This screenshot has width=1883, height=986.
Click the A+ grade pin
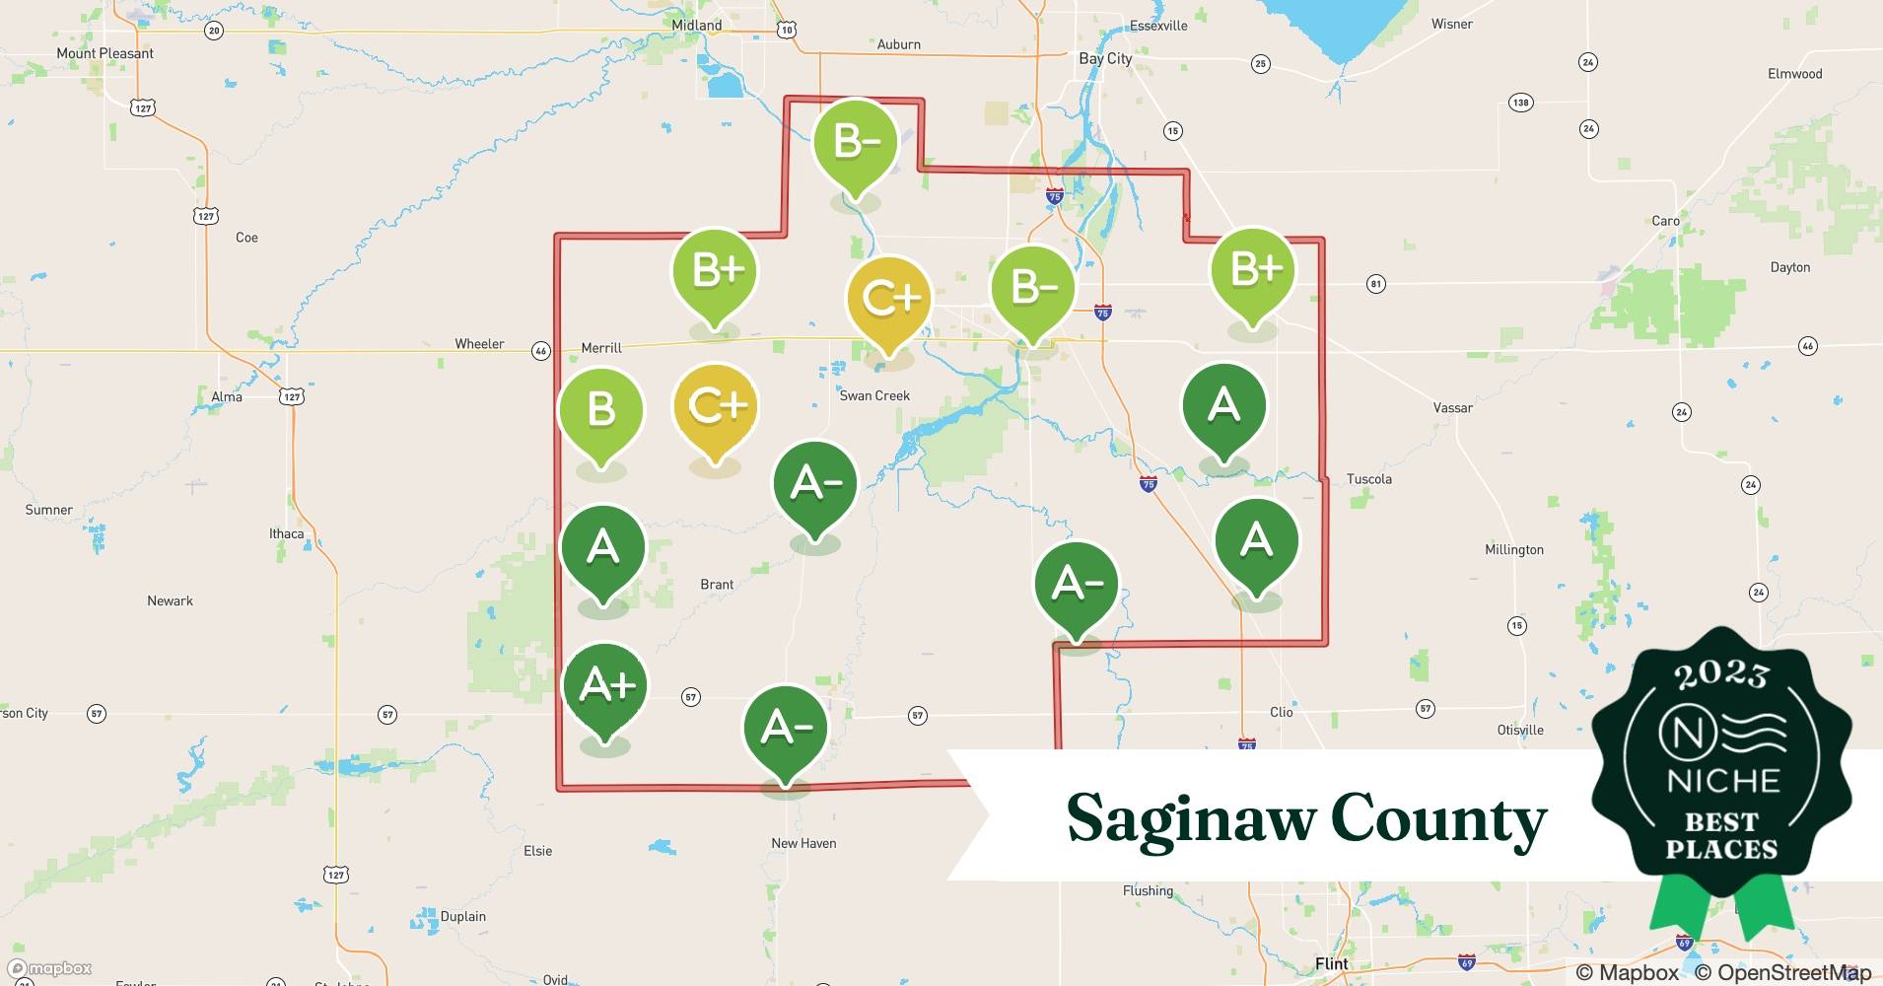(x=604, y=684)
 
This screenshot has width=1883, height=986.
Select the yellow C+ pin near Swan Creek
(x=888, y=298)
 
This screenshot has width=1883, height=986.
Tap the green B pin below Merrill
(x=600, y=409)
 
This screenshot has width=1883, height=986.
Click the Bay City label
(x=1105, y=58)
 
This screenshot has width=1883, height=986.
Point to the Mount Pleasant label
(x=105, y=53)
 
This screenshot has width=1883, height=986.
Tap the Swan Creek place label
(x=874, y=395)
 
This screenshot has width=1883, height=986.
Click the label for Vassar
(x=1452, y=407)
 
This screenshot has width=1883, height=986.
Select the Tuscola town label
(x=1369, y=479)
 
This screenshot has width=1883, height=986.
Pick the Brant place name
(x=717, y=585)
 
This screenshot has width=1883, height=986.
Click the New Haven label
(x=803, y=843)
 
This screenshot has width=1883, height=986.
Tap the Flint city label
(x=1332, y=963)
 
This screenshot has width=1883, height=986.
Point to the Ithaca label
(x=287, y=533)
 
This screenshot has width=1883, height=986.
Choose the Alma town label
(x=227, y=396)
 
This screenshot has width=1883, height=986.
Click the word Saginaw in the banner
(x=1188, y=819)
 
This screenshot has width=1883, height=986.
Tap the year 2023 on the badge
(x=1721, y=673)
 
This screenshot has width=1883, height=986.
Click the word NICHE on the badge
(x=1722, y=781)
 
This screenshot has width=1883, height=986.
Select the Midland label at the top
(x=696, y=26)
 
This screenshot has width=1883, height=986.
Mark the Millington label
(x=1514, y=549)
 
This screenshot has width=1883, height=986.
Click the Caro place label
(x=1665, y=221)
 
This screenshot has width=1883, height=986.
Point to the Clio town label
(x=1281, y=712)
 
